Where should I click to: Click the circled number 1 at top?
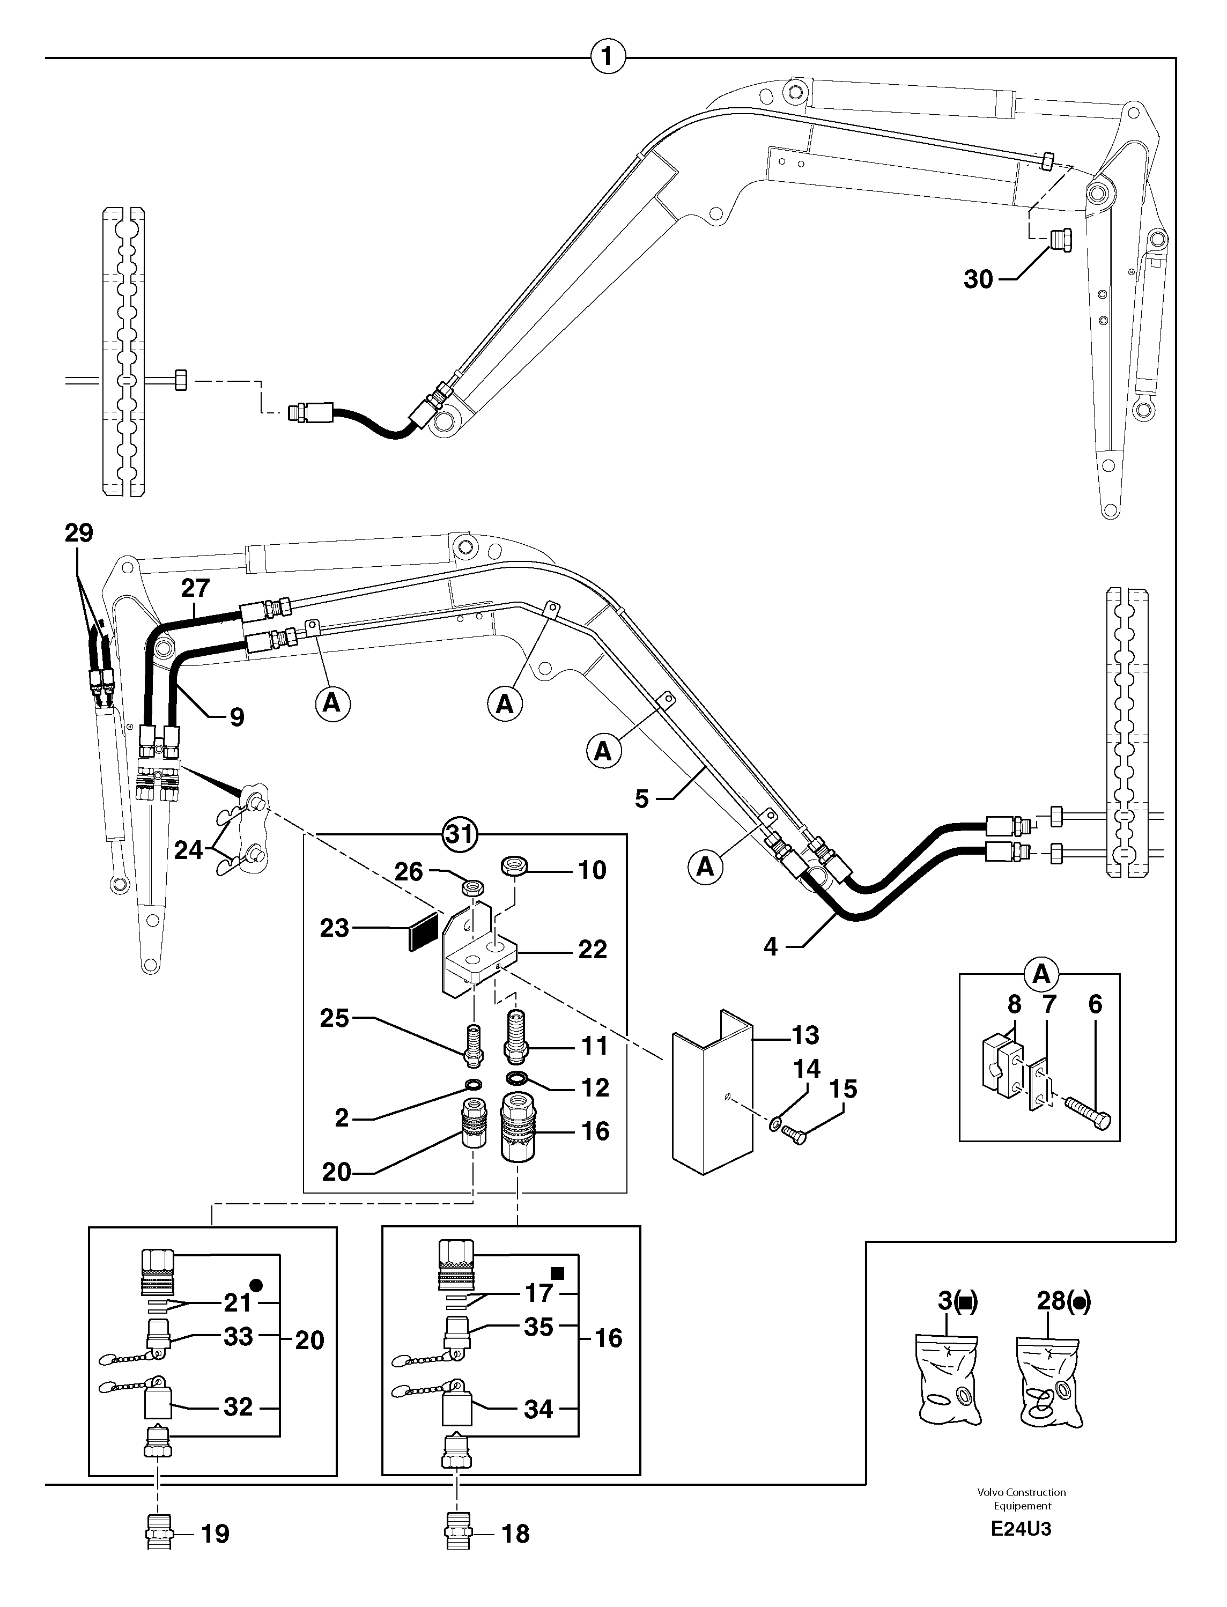click(608, 56)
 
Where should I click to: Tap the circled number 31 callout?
click(460, 833)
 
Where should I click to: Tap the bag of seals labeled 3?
click(948, 1378)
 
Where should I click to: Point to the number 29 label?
click(79, 533)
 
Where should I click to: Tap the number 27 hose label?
click(195, 587)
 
